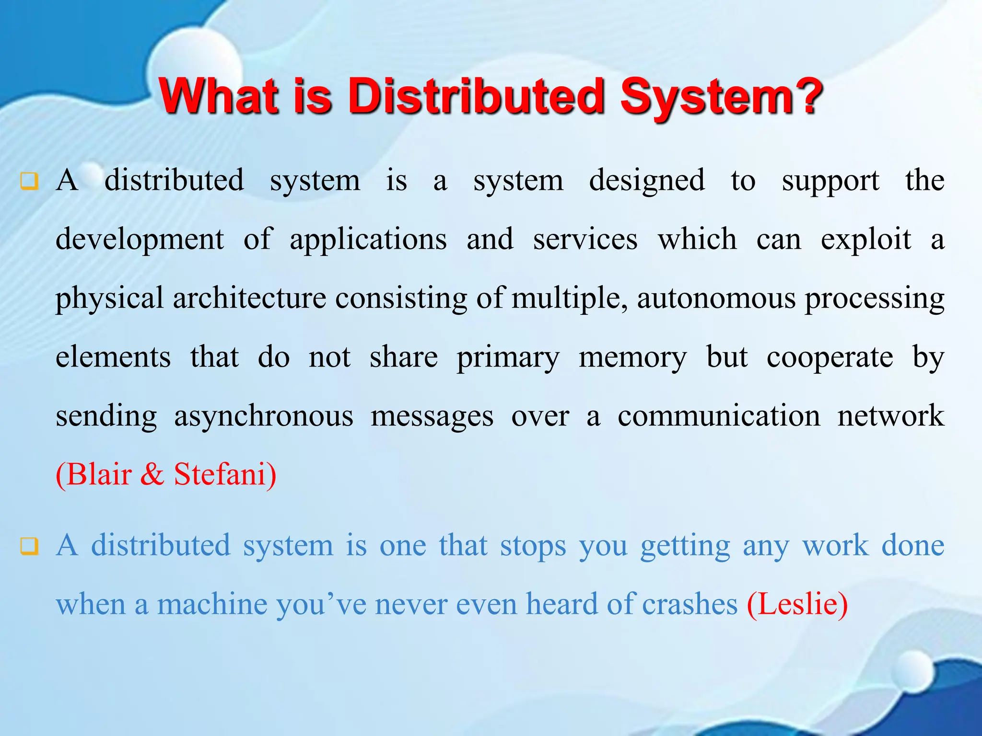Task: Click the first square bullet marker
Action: coord(29,182)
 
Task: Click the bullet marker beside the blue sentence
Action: coord(29,546)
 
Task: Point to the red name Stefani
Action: coord(220,474)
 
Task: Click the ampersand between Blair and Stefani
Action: coord(152,474)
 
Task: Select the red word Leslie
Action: coord(797,604)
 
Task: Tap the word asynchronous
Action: coord(264,416)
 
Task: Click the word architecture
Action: coord(250,298)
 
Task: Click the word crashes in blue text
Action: coord(690,604)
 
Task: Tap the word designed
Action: coord(647,181)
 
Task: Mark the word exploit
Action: coord(865,239)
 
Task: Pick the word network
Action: coord(891,416)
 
